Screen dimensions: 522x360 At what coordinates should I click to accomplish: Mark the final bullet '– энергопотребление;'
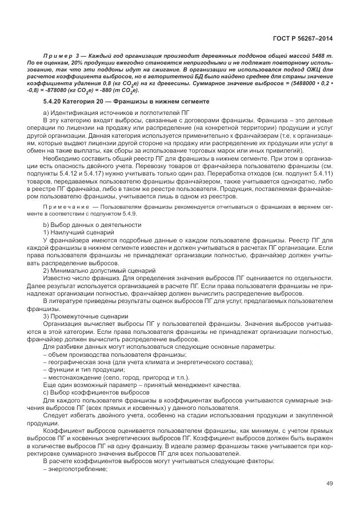pos(75,469)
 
